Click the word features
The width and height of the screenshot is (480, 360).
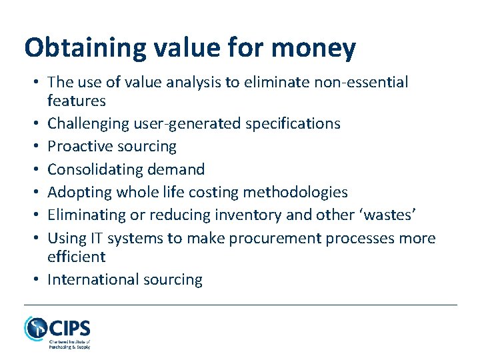point(77,101)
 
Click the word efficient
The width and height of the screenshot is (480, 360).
point(77,257)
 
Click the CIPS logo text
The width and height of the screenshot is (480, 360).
point(69,328)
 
